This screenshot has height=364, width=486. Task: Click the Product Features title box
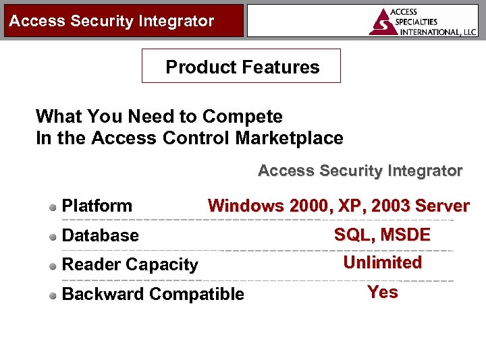[x=241, y=66]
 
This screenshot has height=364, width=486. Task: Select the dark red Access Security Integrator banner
[x=122, y=20]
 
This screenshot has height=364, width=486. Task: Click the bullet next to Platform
[x=53, y=207]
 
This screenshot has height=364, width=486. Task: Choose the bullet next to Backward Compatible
[x=53, y=295]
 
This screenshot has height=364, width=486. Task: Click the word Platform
[x=97, y=206]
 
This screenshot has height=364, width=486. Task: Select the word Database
[x=100, y=235]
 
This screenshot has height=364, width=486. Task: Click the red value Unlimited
[x=382, y=262]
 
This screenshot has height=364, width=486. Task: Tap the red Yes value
[x=382, y=292]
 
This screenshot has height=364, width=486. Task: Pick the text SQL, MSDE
[x=382, y=235]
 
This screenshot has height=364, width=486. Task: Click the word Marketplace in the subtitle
[x=289, y=138]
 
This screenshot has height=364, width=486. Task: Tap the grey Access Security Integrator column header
[x=360, y=171]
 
